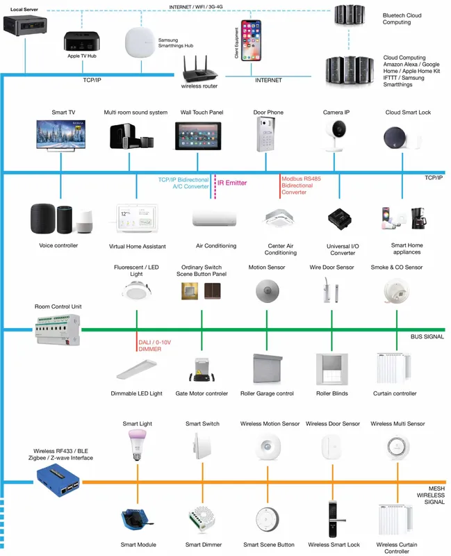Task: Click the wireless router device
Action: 199,69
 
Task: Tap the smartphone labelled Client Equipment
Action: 251,40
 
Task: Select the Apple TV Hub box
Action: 81,42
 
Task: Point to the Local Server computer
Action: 25,26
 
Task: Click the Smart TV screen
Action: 61,134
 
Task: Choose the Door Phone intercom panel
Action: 266,134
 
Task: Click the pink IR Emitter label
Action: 232,183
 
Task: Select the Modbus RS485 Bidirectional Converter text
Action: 301,186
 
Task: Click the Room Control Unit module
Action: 58,330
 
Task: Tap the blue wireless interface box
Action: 58,480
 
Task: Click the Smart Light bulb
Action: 137,444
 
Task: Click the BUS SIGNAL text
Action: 427,336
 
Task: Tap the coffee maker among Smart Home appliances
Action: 419,218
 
